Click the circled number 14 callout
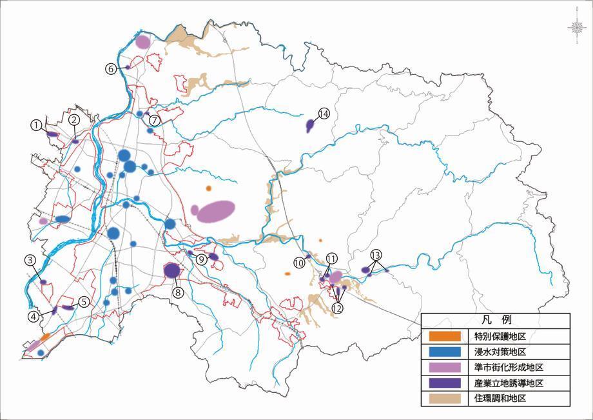(324, 114)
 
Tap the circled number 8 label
(179, 292)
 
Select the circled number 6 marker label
(111, 68)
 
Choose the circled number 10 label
(299, 263)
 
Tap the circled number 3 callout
(30, 261)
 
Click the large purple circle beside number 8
(171, 270)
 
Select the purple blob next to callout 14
(310, 125)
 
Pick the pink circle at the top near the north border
(143, 42)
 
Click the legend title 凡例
(496, 320)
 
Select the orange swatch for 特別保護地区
(445, 336)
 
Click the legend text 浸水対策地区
(500, 352)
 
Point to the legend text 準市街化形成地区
(509, 368)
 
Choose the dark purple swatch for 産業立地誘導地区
(445, 383)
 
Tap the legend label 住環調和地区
(500, 399)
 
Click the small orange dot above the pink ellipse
(208, 188)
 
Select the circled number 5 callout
(83, 301)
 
